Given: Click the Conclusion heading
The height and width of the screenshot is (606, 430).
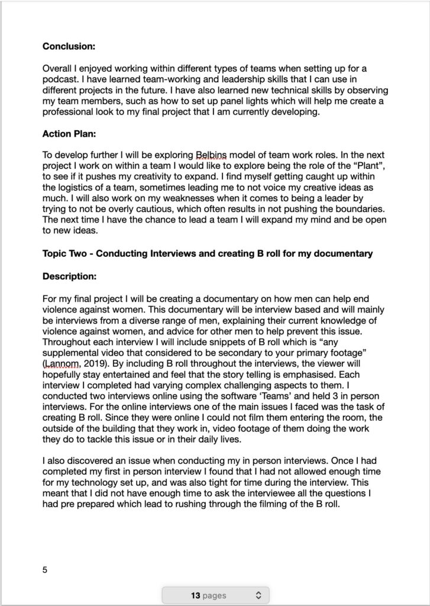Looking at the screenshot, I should (69, 45).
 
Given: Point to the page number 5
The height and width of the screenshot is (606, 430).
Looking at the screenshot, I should (45, 570).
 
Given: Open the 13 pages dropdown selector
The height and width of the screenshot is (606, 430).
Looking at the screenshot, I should (215, 595).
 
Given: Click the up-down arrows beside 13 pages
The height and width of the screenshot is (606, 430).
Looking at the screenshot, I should (257, 595).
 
